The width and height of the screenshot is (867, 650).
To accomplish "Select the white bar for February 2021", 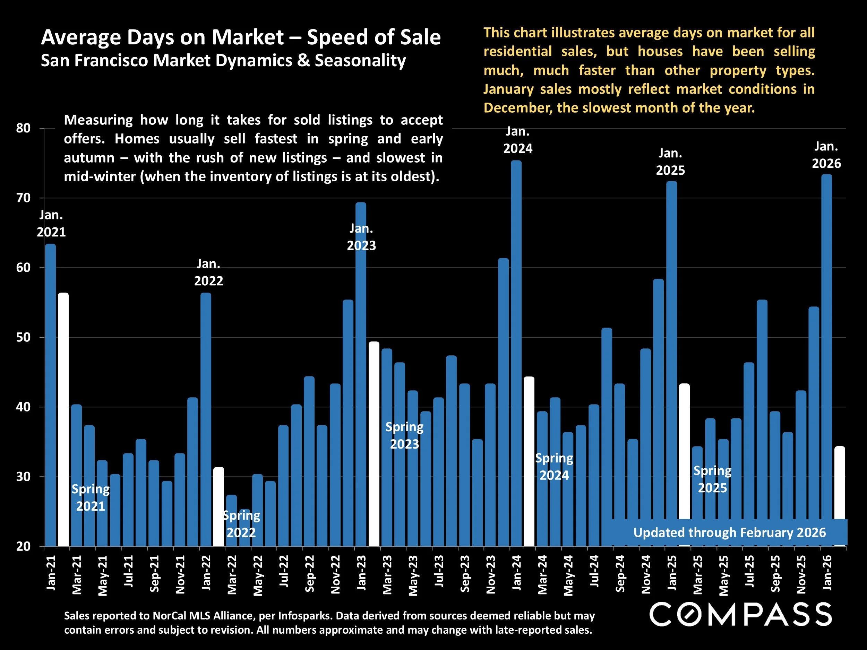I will [x=63, y=419].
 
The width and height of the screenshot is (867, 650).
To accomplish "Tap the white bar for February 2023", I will [x=374, y=443].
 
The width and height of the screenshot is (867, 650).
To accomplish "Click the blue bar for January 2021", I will [x=50, y=392].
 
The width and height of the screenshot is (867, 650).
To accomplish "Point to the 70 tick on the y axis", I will [x=24, y=198].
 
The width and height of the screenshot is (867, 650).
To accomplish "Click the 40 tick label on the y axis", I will [x=24, y=407].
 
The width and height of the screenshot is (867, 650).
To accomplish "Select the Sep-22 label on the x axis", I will [x=310, y=574].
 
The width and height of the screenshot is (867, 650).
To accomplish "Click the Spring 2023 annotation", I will [x=404, y=435].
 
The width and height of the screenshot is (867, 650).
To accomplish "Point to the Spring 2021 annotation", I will [x=91, y=497].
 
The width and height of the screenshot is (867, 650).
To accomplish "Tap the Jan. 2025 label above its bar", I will [x=670, y=162].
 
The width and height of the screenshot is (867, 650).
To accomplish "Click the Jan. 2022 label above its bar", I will [x=208, y=272].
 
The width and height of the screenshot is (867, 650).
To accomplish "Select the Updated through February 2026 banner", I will [x=729, y=532].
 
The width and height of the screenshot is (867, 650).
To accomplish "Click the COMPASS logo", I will [x=740, y=614].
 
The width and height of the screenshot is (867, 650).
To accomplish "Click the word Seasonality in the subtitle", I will [x=360, y=61].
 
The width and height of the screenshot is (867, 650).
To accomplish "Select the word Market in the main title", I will [x=247, y=37].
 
